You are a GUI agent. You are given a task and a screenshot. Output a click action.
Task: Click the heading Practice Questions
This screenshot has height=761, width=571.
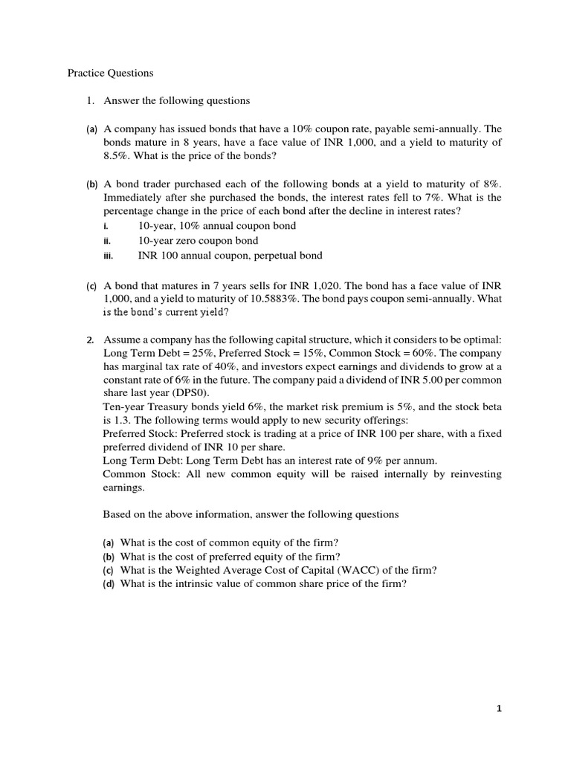tap(110, 73)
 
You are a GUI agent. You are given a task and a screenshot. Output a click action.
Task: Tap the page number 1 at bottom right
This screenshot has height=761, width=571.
tap(500, 708)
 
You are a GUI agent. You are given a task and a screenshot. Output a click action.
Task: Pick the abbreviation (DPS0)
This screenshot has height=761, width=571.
tap(198, 393)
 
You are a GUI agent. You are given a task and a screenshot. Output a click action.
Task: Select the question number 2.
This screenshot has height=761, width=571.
tap(90, 340)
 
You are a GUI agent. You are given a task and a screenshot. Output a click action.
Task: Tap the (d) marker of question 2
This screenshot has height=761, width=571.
tap(109, 584)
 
